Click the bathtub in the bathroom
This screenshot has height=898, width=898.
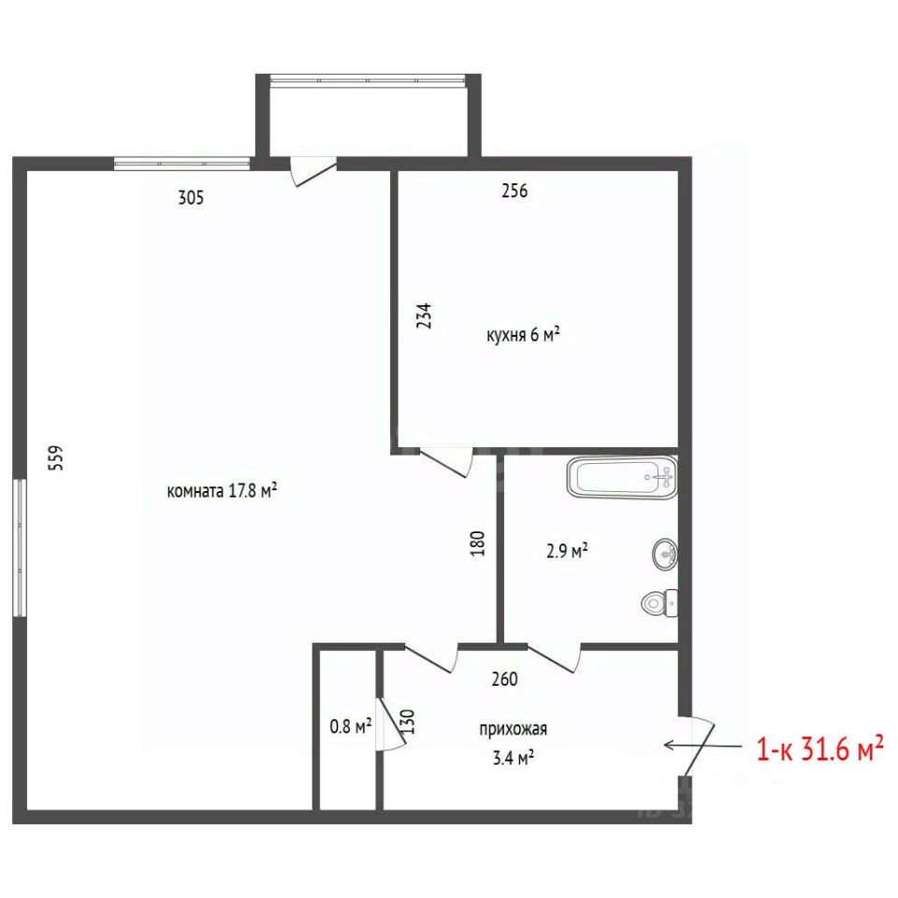point(623,478)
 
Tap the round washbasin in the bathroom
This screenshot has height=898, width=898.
point(665,554)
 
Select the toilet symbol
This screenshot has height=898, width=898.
point(659,603)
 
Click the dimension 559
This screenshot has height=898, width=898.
point(56,457)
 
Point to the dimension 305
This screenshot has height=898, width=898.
point(191,197)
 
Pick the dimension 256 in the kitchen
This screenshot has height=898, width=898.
point(514,191)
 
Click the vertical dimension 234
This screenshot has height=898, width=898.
point(424,315)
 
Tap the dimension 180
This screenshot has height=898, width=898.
point(477,543)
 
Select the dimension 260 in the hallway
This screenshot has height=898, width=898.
point(504,679)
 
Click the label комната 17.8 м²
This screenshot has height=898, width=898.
point(223,491)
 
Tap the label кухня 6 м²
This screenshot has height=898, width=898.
point(523,335)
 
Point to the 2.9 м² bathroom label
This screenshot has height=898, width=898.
point(567,551)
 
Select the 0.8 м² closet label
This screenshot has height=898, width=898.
point(351,727)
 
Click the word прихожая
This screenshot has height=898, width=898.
point(514,730)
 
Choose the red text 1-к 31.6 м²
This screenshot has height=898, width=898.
point(820,749)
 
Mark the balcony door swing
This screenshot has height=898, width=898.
point(312,176)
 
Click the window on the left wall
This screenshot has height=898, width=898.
point(20,547)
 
